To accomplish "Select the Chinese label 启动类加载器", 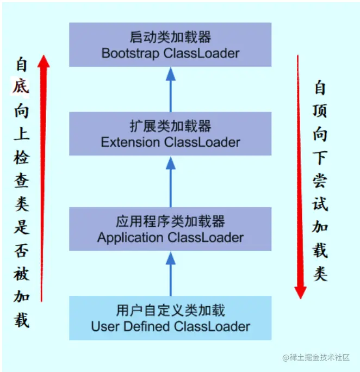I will [x=170, y=38].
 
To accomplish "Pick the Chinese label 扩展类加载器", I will [x=170, y=127].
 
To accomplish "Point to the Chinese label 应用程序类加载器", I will [x=170, y=221].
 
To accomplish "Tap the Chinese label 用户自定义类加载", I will [x=170, y=311].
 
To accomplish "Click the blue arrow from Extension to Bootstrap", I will [x=170, y=89].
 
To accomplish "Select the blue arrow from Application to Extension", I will [x=170, y=182].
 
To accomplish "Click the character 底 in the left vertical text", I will [x=21, y=87].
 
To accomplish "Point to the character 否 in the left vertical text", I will [x=21, y=250].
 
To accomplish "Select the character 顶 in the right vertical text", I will [x=320, y=110].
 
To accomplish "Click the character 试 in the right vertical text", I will [x=320, y=203].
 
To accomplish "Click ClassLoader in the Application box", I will [x=206, y=238].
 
